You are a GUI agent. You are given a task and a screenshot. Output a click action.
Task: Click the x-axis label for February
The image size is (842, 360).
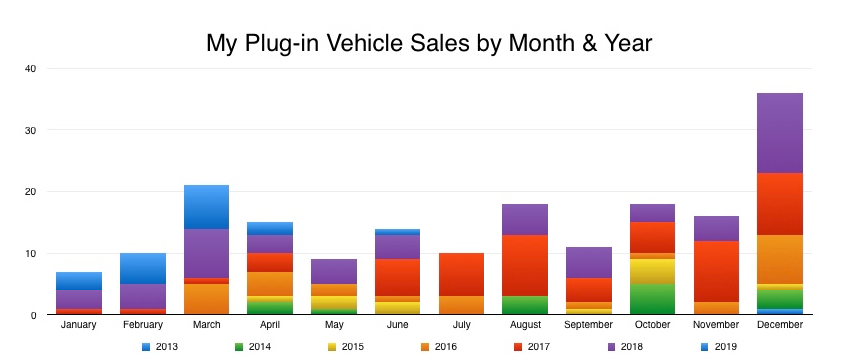[143, 324]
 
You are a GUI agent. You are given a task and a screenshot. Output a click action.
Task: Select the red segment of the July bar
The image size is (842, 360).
[461, 274]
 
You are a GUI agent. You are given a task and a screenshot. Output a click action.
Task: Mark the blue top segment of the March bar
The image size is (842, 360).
[206, 207]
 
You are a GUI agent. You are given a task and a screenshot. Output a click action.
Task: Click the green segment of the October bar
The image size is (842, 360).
[652, 299]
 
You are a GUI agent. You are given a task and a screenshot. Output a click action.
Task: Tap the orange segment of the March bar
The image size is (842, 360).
[206, 299]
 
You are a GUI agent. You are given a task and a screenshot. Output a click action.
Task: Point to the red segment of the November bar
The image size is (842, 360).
[716, 271]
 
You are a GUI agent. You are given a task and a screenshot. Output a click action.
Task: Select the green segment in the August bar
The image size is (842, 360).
[525, 305]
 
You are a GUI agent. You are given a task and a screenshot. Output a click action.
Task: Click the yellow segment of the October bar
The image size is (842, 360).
[652, 271]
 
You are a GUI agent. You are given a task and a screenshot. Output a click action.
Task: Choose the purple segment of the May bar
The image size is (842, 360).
[334, 271]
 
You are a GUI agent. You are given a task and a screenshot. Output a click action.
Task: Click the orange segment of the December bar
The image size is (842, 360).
[779, 259]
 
